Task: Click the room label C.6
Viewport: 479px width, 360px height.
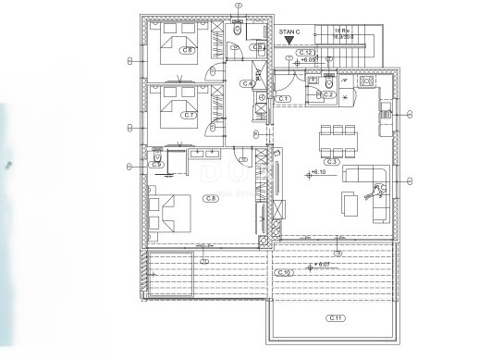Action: (x=188, y=51)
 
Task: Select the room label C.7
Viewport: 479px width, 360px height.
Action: (x=189, y=116)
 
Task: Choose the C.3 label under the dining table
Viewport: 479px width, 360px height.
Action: (x=332, y=161)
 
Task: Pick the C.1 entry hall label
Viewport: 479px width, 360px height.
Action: (x=284, y=98)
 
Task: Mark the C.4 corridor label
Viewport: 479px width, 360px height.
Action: (x=248, y=84)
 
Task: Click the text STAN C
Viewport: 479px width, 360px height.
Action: (x=289, y=31)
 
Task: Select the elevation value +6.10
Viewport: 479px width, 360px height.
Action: (x=319, y=173)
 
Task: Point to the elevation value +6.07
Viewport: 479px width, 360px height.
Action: (x=323, y=264)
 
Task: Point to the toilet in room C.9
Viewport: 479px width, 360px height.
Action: (x=158, y=158)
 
